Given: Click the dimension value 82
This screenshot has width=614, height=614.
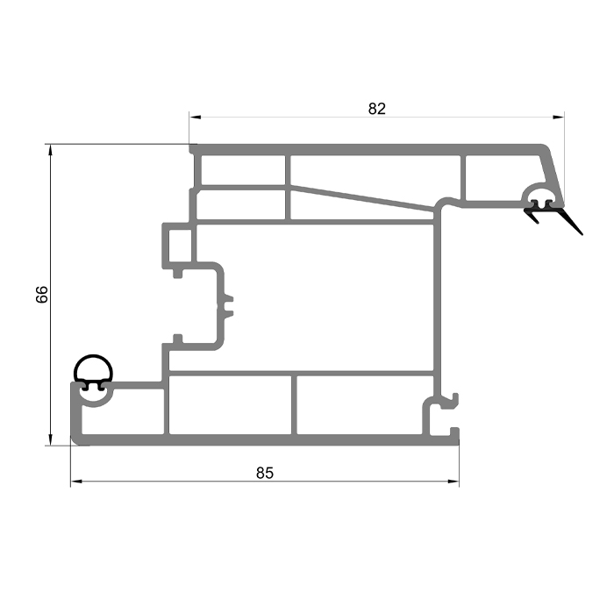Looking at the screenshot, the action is click(376, 109).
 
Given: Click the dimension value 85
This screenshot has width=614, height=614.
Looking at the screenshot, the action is click(265, 473).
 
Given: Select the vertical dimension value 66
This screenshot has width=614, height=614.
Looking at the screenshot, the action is click(41, 295).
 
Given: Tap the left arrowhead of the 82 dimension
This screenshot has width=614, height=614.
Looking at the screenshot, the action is click(195, 117).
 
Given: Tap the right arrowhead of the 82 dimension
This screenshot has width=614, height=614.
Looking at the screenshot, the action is click(559, 117).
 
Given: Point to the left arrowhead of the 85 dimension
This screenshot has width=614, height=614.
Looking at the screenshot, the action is click(76, 482).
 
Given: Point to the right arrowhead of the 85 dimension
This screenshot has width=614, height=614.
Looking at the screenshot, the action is click(453, 482).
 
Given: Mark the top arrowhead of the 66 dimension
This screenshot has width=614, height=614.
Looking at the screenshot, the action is click(50, 150).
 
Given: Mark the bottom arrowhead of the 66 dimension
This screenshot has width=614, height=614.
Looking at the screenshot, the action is click(50, 439).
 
